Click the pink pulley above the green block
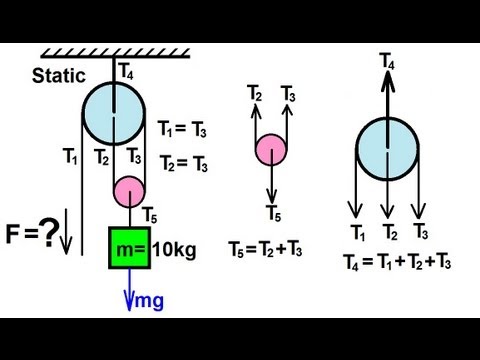click(130, 188)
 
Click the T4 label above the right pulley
click(386, 64)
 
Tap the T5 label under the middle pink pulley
click(272, 211)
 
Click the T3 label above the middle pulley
click(290, 95)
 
